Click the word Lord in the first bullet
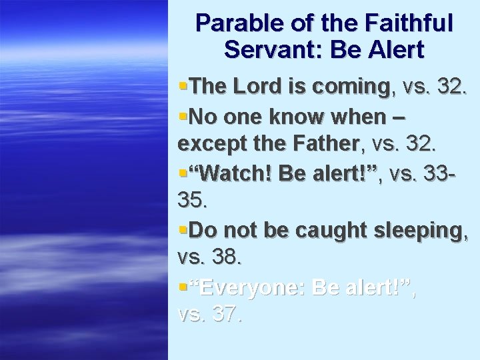coord(253,87)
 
